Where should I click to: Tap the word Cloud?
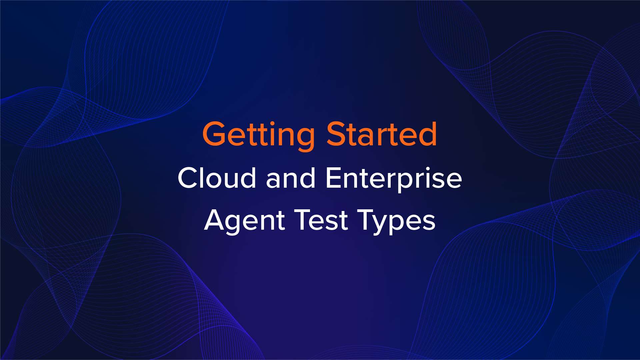(x=217, y=178)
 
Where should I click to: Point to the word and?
(x=291, y=178)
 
